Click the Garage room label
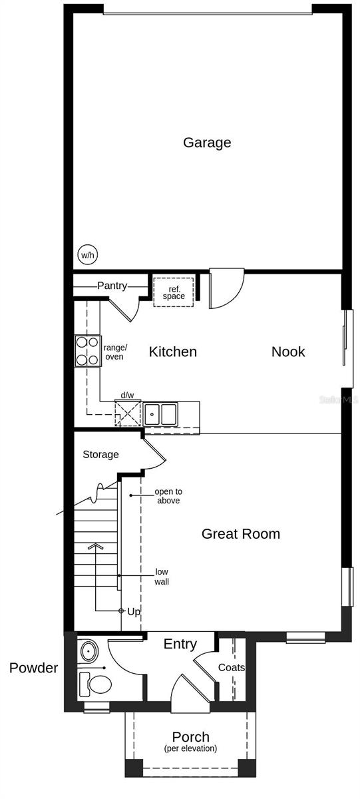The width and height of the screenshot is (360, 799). tap(207, 142)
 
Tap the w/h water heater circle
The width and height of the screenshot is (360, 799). tap(87, 254)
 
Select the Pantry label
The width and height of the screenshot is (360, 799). tap(112, 286)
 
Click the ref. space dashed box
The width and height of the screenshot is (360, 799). tap(174, 292)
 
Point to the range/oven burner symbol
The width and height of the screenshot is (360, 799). tap(87, 351)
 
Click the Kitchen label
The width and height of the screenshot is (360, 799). tap(172, 352)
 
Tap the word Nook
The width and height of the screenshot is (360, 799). tap(287, 352)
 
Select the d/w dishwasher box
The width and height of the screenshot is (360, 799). tap(127, 412)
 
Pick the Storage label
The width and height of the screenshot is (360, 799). tap(100, 455)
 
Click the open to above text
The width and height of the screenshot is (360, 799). tap(168, 496)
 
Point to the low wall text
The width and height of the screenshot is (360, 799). tap(162, 577)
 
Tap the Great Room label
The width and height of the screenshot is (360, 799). tap(240, 533)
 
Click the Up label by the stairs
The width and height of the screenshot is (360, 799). tap(134, 611)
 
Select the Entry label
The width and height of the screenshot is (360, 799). tap(180, 644)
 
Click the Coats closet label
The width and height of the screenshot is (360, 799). tap(232, 667)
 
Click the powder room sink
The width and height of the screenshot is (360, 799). tap(87, 651)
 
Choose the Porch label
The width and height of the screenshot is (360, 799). tap(190, 737)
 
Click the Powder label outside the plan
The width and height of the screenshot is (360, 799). tap(34, 668)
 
